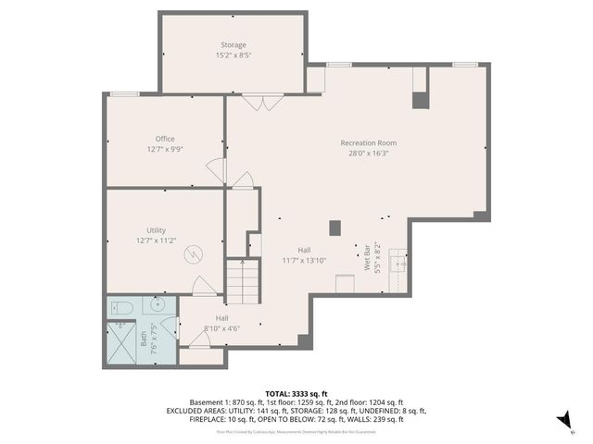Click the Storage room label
[x=233, y=44]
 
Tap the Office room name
[x=165, y=139]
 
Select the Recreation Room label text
[x=368, y=142]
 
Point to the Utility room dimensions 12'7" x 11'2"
[x=157, y=240]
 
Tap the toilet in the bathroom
[x=120, y=307]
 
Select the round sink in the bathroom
[x=154, y=307]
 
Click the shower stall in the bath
[x=120, y=338]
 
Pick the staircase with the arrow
[x=242, y=281]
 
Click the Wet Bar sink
[x=400, y=263]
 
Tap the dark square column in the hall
[x=335, y=227]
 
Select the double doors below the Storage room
[x=263, y=102]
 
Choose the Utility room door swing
[x=203, y=287]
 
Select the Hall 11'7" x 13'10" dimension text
[x=304, y=261]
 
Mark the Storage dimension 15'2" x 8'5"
[x=233, y=55]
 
